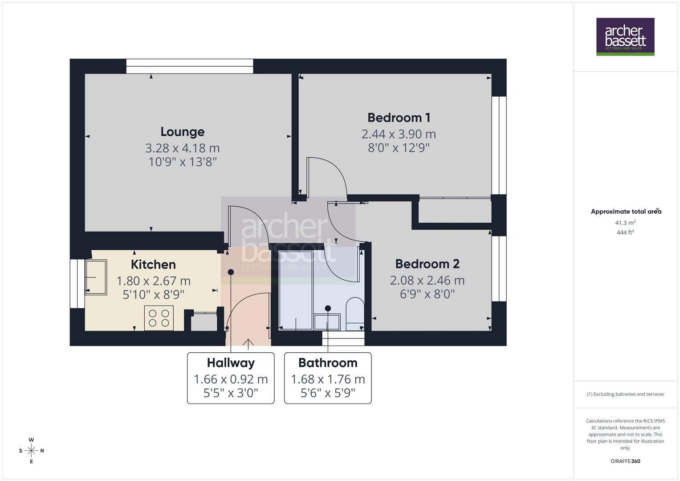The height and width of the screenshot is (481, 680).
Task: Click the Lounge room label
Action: click(x=182, y=132)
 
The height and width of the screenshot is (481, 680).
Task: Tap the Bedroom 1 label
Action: click(x=399, y=118)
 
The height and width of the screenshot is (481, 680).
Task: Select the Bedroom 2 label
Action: click(x=427, y=264)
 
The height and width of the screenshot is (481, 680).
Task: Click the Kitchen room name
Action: click(x=153, y=265)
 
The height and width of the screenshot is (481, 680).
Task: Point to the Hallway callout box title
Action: click(x=231, y=363)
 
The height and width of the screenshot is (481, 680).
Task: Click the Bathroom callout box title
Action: click(x=328, y=363)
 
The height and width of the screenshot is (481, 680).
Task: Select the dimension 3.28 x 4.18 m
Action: click(x=182, y=148)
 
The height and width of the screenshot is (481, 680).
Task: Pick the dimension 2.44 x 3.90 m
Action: click(x=399, y=134)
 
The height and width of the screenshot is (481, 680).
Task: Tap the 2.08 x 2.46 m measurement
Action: click(x=427, y=280)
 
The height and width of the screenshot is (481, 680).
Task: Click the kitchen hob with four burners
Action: click(x=159, y=318)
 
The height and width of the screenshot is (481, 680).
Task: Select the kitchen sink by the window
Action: click(x=96, y=277)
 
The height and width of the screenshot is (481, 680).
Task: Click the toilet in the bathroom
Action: click(x=354, y=312)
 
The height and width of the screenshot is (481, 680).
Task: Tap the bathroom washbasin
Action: click(x=327, y=322)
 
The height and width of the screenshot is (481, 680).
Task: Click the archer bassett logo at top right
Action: click(x=625, y=37)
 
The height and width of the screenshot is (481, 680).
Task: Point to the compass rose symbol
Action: click(x=31, y=451)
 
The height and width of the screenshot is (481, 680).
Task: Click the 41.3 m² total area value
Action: click(x=625, y=223)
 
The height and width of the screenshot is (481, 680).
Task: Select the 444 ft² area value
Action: click(x=625, y=232)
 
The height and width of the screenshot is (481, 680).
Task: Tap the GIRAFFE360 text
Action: click(x=625, y=461)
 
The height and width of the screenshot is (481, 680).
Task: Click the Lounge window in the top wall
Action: click(x=190, y=66)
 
